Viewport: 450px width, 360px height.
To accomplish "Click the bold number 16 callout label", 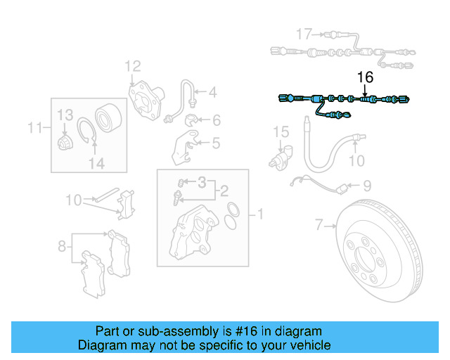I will [x=365, y=77].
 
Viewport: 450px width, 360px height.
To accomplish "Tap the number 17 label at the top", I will [x=303, y=34].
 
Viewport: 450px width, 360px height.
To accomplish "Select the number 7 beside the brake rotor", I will [x=319, y=225].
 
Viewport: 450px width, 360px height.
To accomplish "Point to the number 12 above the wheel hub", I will [x=133, y=67].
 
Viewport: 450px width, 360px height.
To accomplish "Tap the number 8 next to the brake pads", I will [x=62, y=245].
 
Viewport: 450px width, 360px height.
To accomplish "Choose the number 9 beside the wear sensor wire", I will [x=366, y=186].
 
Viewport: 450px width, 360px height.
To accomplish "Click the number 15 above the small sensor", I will [x=281, y=131].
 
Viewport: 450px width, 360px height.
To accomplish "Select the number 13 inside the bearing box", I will [x=65, y=115].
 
